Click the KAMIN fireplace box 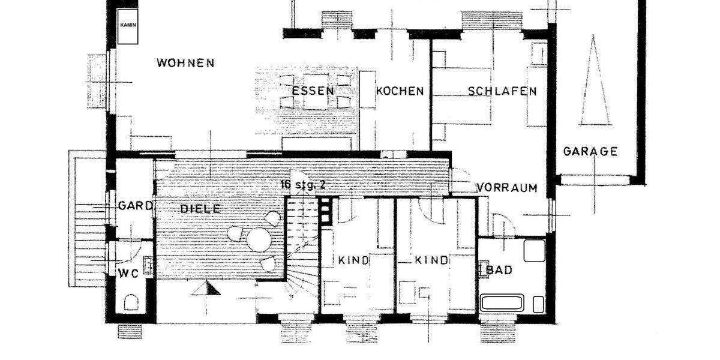(128, 26)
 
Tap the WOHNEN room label (185, 62)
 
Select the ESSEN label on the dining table (313, 91)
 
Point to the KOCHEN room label (400, 91)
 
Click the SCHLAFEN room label (502, 91)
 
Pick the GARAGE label (590, 151)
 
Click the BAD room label (499, 271)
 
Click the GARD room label (135, 205)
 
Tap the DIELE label (200, 209)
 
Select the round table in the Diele (259, 240)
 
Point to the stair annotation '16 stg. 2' (303, 184)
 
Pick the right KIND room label (432, 260)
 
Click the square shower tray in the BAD (534, 250)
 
